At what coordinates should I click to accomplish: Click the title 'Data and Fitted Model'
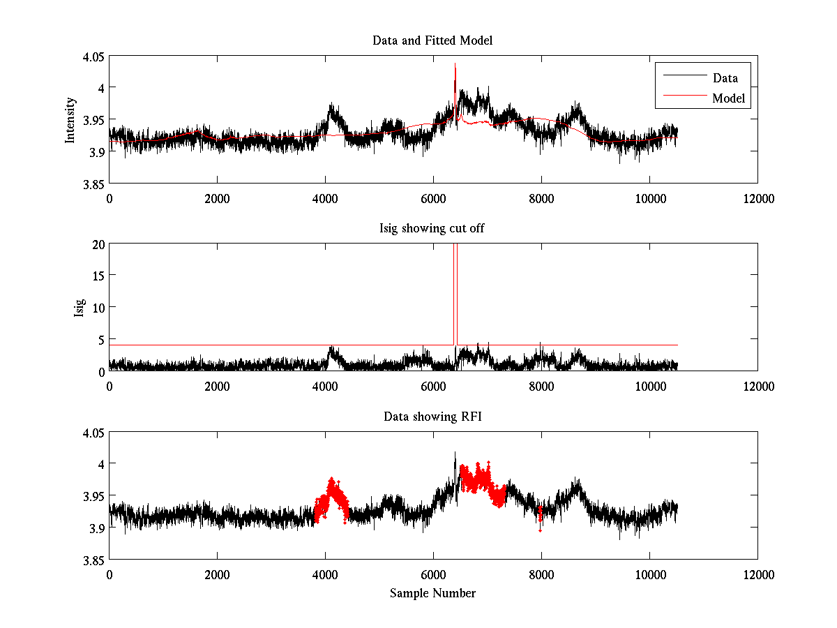432,40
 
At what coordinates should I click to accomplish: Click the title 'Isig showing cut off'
432,229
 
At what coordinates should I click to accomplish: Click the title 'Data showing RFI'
432,417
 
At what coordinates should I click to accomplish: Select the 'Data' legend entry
725,78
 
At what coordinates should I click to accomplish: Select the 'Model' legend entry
729,98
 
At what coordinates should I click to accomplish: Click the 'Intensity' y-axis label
70,120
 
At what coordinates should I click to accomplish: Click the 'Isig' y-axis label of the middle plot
79,308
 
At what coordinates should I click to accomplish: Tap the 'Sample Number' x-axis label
432,594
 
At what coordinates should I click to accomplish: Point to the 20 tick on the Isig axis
98,244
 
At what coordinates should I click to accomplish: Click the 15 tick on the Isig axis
98,276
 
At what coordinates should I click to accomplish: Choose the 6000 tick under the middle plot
433,385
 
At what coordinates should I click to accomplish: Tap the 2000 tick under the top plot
217,198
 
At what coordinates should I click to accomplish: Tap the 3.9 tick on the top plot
97,151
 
